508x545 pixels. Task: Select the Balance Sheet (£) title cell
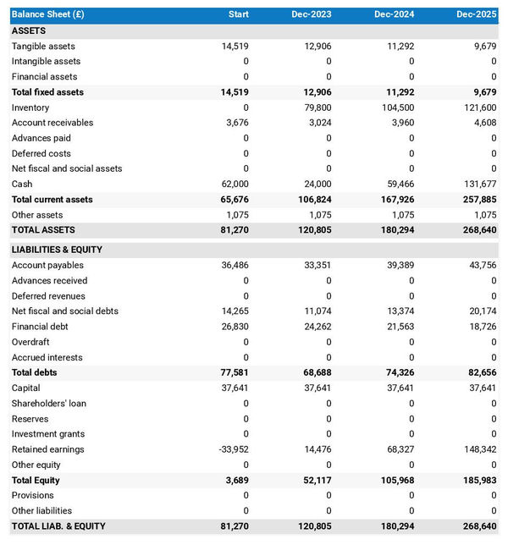click(x=48, y=14)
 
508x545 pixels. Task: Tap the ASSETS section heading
click(x=29, y=30)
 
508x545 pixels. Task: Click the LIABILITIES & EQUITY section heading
click(x=58, y=250)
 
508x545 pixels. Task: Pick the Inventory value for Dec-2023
click(x=317, y=107)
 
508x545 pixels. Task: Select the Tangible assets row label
click(x=43, y=47)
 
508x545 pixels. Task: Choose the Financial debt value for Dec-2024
click(x=400, y=327)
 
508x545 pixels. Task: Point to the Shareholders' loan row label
click(x=48, y=404)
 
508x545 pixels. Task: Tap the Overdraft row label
click(x=30, y=342)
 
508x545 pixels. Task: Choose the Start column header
click(x=239, y=14)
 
